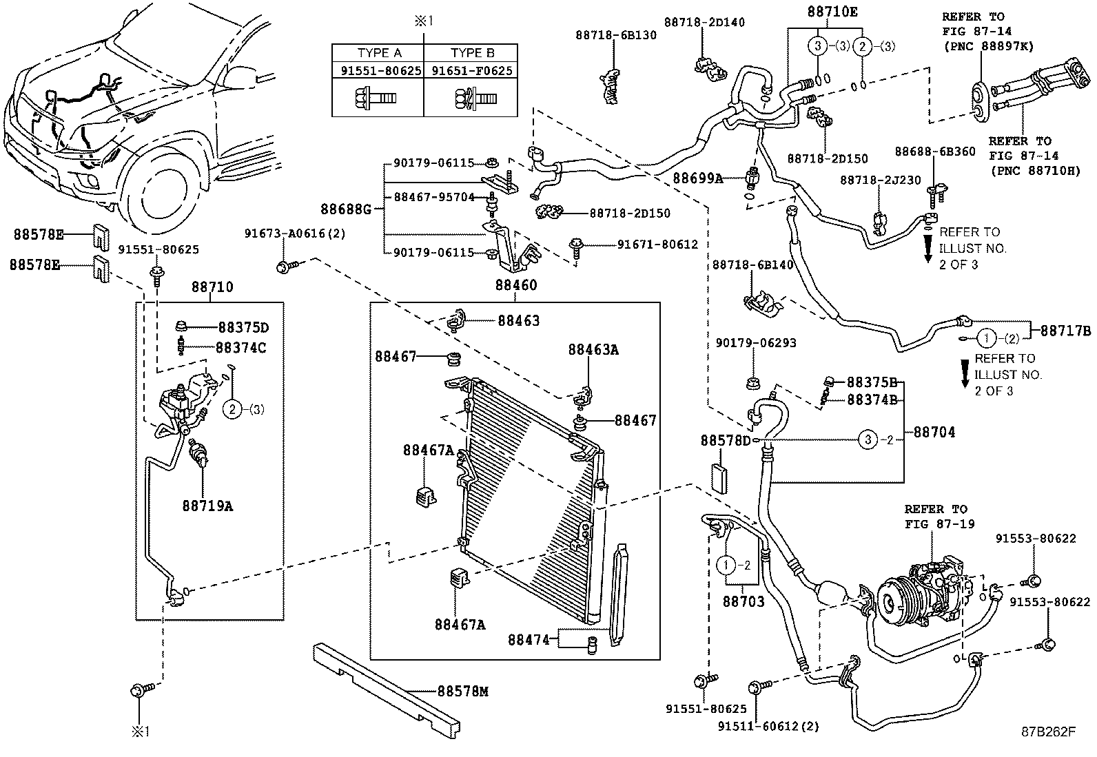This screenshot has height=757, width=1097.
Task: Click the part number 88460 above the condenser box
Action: pos(516,285)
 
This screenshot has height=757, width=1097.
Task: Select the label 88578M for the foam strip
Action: pos(462,691)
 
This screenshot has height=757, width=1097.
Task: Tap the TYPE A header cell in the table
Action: pos(379,53)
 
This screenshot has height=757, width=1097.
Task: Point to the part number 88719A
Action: pos(207,506)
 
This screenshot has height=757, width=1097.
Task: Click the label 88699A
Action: pos(698,179)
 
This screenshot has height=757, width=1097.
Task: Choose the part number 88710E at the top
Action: pos(832,12)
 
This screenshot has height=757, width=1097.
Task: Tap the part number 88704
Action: pos(934,432)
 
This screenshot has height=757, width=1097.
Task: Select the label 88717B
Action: pos(1065,331)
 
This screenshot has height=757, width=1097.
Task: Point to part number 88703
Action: pos(744,601)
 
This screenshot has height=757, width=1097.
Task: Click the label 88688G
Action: pos(346,208)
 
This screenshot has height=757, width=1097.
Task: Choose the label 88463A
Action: pos(593,350)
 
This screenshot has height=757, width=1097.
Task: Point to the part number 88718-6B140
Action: pos(753,265)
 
